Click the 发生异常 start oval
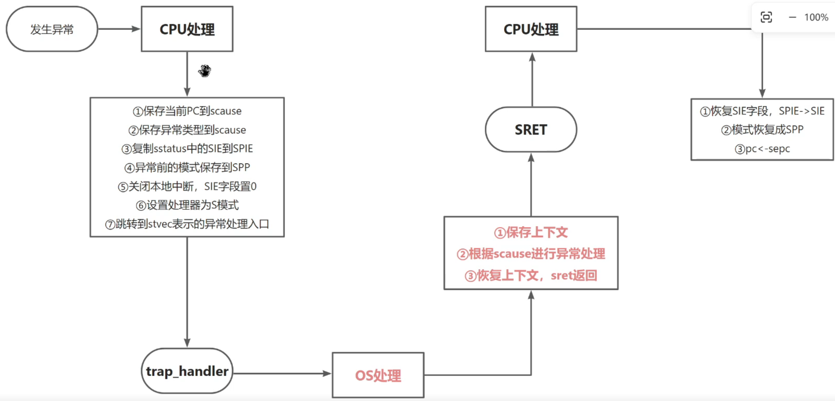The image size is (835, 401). [x=52, y=29]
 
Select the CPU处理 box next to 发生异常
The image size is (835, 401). [x=187, y=29]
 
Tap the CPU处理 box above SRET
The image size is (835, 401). [x=531, y=29]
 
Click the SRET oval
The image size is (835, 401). [x=531, y=130]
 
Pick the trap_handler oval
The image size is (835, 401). [x=187, y=371]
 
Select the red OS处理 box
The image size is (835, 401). [x=378, y=375]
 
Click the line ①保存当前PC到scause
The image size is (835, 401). [x=187, y=111]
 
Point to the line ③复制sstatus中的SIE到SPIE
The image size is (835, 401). [x=187, y=149]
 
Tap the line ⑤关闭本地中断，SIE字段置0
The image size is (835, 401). [x=187, y=186]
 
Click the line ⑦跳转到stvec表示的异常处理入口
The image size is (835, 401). [x=187, y=224]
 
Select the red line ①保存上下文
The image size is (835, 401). [x=531, y=232]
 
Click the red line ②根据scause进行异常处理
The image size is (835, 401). [x=531, y=254]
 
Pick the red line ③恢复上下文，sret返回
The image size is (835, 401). [x=531, y=276]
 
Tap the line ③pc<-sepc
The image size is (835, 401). [x=762, y=149]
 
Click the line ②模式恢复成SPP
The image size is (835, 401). [x=762, y=130]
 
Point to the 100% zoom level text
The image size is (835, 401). [x=816, y=17]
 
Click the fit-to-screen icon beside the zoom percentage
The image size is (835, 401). [x=766, y=17]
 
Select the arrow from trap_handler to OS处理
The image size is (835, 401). [x=282, y=374]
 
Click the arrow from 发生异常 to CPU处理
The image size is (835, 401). [x=119, y=29]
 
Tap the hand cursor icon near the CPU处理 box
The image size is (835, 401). [x=205, y=71]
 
